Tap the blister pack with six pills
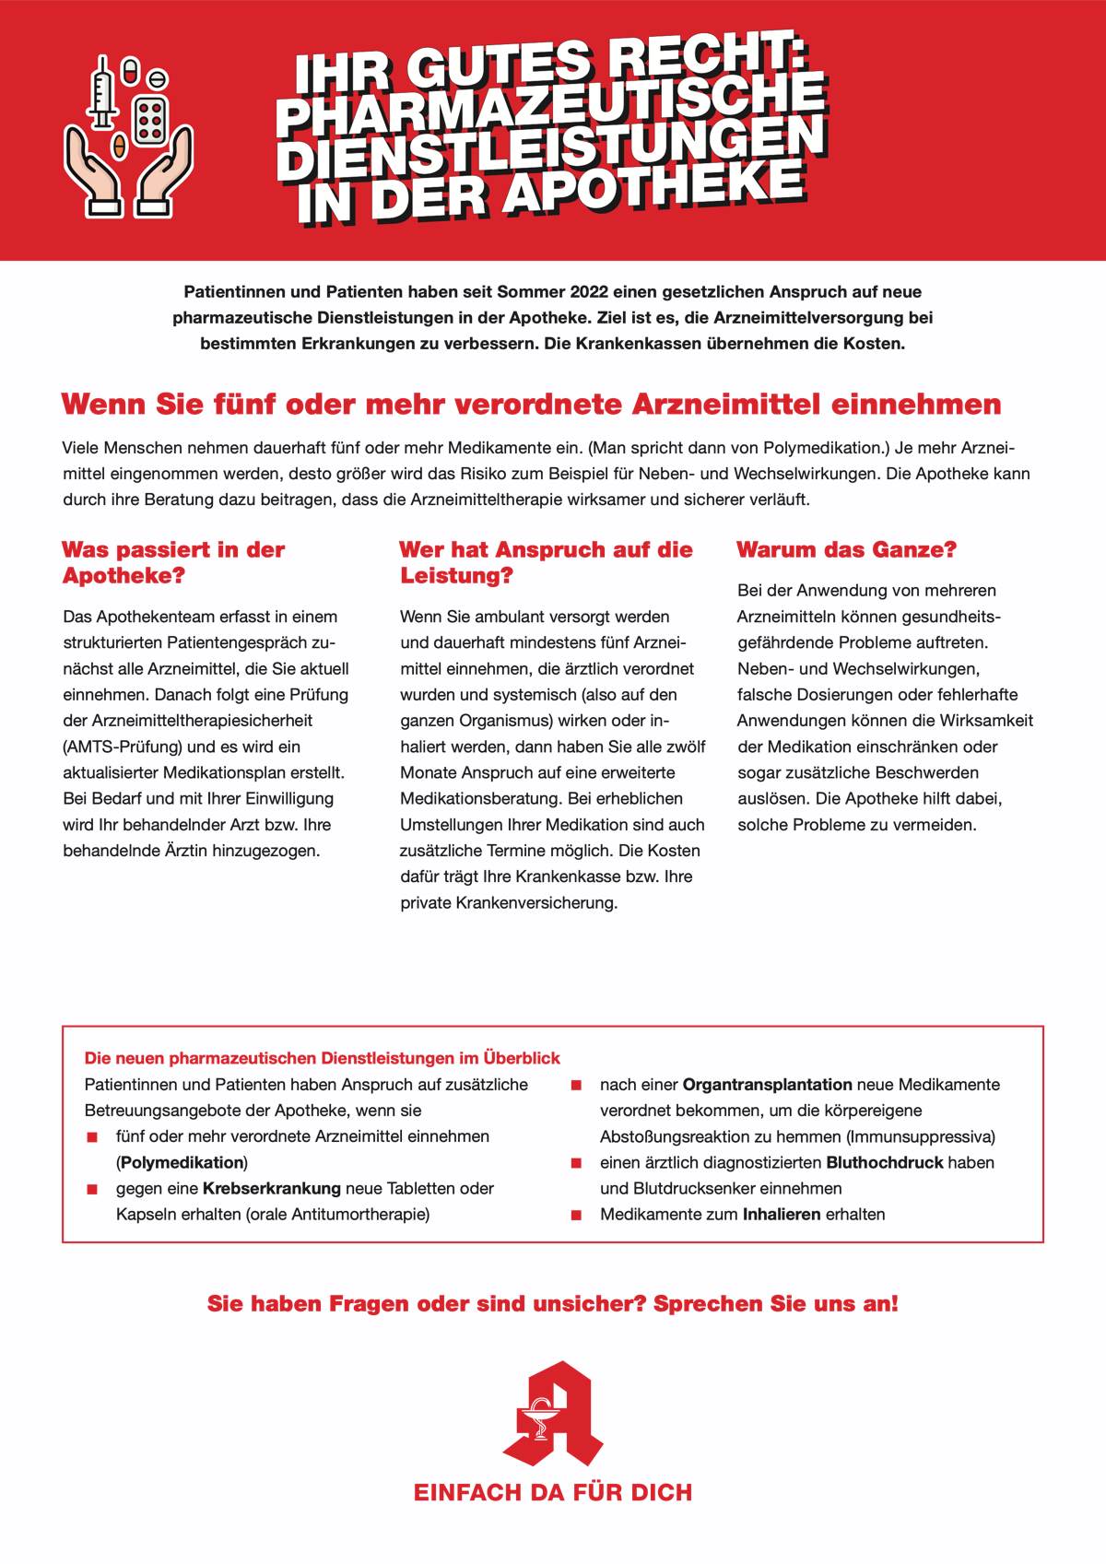[x=150, y=116]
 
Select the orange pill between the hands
[x=118, y=146]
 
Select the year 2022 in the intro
[x=594, y=292]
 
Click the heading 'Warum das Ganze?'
[x=846, y=550]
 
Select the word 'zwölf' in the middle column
[x=686, y=747]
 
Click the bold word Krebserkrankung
[x=272, y=1188]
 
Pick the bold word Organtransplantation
[x=767, y=1085]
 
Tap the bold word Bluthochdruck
[x=884, y=1162]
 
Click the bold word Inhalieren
[x=782, y=1214]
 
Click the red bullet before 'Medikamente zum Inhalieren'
[x=576, y=1215]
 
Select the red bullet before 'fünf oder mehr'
[x=92, y=1137]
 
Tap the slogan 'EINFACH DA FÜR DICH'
[x=553, y=1492]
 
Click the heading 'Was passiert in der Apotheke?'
[x=173, y=562]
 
